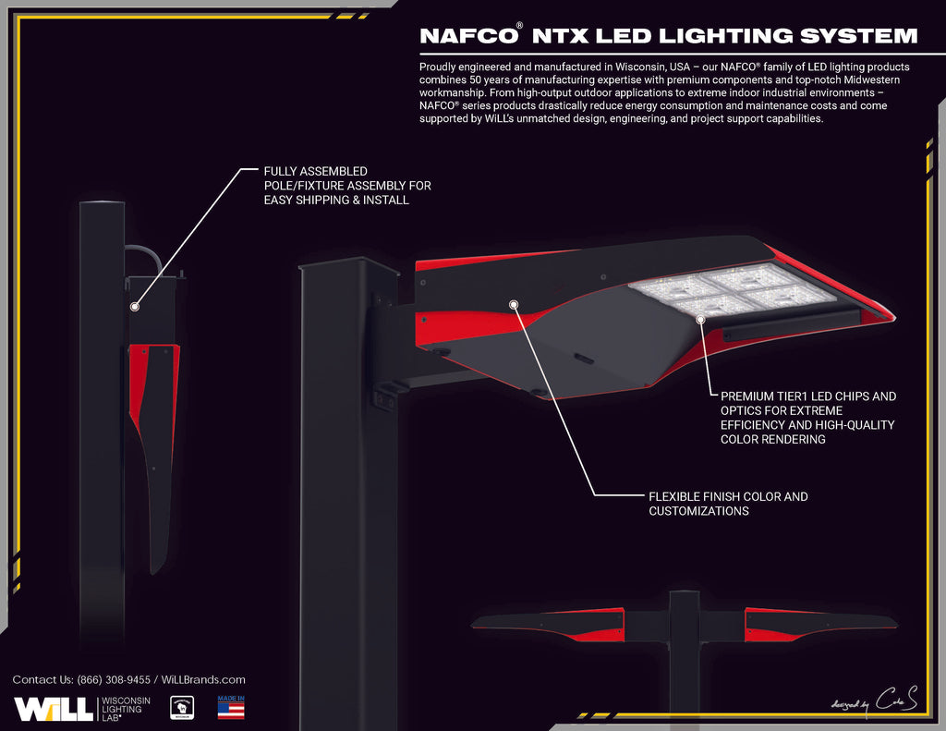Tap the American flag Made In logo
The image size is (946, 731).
[231, 707]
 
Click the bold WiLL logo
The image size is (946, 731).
[53, 709]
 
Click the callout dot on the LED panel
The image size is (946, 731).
[701, 318]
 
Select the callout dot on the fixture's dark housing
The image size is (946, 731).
[513, 302]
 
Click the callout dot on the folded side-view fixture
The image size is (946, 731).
[135, 305]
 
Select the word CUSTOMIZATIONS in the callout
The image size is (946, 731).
[698, 511]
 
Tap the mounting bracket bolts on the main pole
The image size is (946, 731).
[383, 398]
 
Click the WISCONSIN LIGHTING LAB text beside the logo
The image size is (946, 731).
[125, 709]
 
